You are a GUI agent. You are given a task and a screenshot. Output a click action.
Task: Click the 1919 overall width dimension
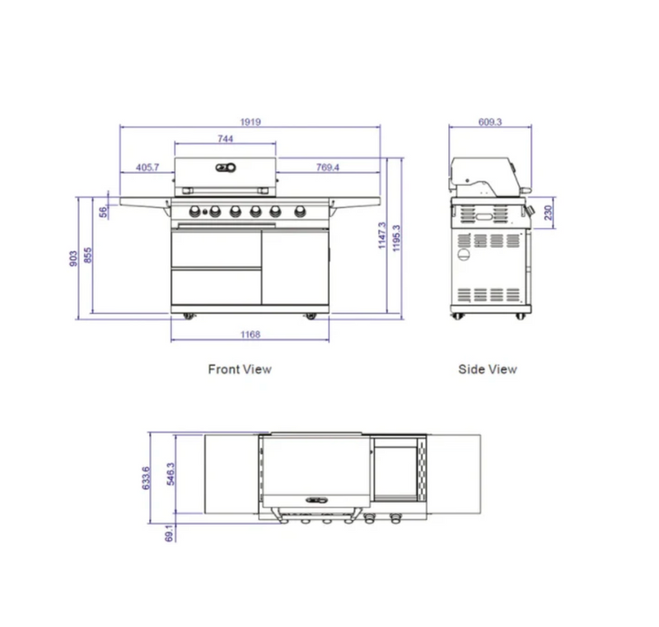(x=250, y=122)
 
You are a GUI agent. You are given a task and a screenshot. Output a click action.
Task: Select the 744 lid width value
(x=226, y=139)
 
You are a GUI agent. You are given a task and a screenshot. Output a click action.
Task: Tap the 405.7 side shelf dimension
(x=147, y=167)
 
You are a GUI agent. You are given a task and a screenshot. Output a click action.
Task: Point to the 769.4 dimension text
(x=327, y=167)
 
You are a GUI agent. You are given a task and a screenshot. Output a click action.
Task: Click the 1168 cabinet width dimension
(x=250, y=334)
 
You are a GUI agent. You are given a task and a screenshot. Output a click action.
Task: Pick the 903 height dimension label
(x=73, y=257)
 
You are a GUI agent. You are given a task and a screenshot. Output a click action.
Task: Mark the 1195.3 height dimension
(x=397, y=238)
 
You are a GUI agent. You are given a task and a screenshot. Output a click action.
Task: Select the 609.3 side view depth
(x=489, y=122)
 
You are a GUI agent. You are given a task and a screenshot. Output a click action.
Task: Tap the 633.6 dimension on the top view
(x=146, y=478)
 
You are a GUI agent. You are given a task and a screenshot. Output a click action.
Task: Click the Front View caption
(x=239, y=369)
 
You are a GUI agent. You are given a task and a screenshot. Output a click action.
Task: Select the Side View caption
(x=488, y=369)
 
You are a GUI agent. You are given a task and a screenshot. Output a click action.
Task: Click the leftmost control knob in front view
(x=196, y=210)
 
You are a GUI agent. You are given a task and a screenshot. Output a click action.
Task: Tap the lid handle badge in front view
(x=225, y=168)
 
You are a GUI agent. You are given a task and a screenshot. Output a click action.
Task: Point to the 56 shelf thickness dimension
(x=103, y=211)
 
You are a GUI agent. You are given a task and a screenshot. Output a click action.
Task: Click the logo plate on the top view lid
(x=316, y=499)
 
